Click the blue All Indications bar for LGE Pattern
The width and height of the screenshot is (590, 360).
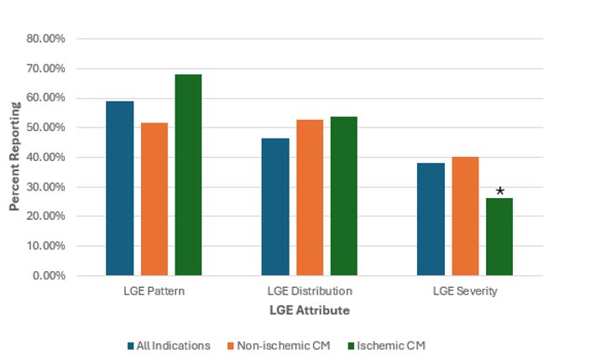coord(120,188)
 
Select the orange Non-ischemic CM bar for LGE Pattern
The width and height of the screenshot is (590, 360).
coord(154,199)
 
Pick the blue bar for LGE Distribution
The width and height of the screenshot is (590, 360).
coord(275,206)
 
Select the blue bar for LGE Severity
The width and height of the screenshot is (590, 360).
coord(431,219)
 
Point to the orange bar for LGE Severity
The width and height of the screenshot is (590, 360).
coord(465,216)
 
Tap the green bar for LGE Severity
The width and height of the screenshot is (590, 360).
coord(499,237)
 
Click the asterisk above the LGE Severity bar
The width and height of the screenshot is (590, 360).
coord(500,192)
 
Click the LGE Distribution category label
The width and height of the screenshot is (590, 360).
coord(310,291)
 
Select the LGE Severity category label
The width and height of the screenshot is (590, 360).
coord(465,291)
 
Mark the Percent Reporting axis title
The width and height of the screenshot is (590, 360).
coord(14,157)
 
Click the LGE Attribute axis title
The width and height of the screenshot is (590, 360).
coord(310,310)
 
